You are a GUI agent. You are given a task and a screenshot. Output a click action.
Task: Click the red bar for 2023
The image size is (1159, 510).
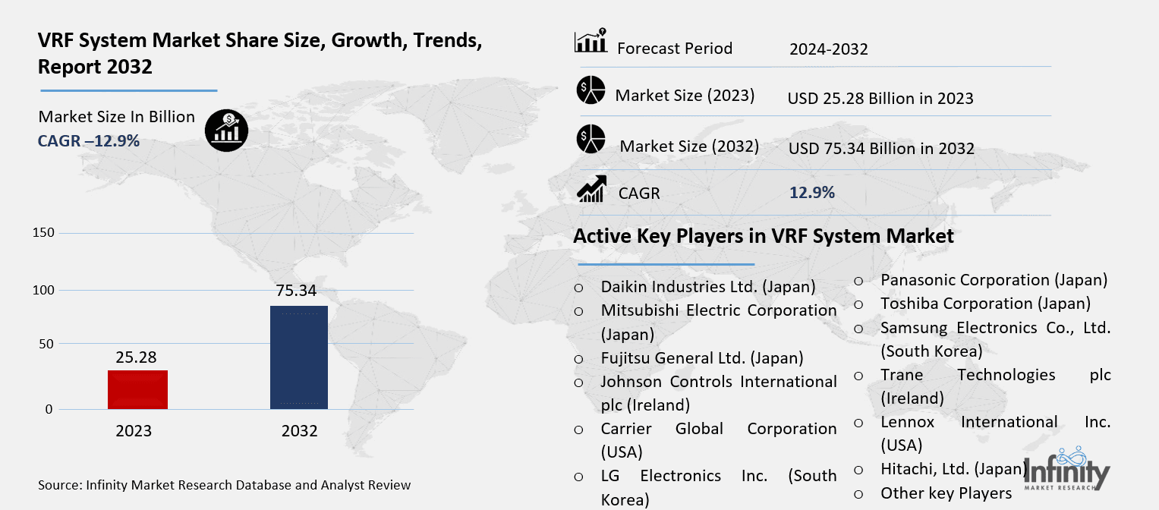[x=137, y=389]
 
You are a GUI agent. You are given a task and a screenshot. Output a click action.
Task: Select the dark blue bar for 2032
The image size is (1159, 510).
[x=299, y=357]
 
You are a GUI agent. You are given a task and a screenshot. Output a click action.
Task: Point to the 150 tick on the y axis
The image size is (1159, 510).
[x=43, y=233]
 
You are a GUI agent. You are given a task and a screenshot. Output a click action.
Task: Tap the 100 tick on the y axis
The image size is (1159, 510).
[x=43, y=290]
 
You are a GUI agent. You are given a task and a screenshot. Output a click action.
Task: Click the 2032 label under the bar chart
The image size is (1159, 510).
[x=299, y=431]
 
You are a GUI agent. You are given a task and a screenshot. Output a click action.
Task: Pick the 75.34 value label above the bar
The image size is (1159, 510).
[x=296, y=291]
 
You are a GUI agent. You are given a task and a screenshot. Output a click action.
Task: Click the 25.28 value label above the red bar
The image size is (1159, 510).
[x=136, y=357]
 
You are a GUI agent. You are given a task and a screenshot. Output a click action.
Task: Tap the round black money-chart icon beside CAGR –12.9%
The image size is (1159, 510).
[x=227, y=131]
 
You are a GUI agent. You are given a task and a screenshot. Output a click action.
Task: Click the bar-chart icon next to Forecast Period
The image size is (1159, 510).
[x=591, y=40]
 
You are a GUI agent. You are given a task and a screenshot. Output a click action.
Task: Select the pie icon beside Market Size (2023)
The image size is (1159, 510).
[x=591, y=90]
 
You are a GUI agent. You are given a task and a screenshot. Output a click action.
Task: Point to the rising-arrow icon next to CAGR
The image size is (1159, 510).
[x=591, y=189]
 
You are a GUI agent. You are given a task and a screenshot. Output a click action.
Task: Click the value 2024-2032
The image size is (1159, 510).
[x=828, y=49]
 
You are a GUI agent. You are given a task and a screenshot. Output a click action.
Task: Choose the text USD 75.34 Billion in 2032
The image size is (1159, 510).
[x=881, y=149]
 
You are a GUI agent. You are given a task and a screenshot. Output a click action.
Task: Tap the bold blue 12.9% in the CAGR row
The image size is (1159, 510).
[x=812, y=193]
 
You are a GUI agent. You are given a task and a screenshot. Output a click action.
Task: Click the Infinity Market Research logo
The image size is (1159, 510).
[x=1067, y=468]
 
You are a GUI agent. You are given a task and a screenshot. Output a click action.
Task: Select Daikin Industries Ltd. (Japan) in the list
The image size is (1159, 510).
[x=708, y=287]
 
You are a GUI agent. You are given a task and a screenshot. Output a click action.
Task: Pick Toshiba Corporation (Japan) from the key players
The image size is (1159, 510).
[x=985, y=304]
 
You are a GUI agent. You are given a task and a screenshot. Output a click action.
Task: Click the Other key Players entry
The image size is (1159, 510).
[x=946, y=493]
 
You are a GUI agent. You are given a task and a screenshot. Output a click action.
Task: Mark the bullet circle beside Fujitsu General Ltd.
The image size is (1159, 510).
[x=578, y=360]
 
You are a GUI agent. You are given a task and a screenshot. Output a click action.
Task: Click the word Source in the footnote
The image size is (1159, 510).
[x=58, y=485]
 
